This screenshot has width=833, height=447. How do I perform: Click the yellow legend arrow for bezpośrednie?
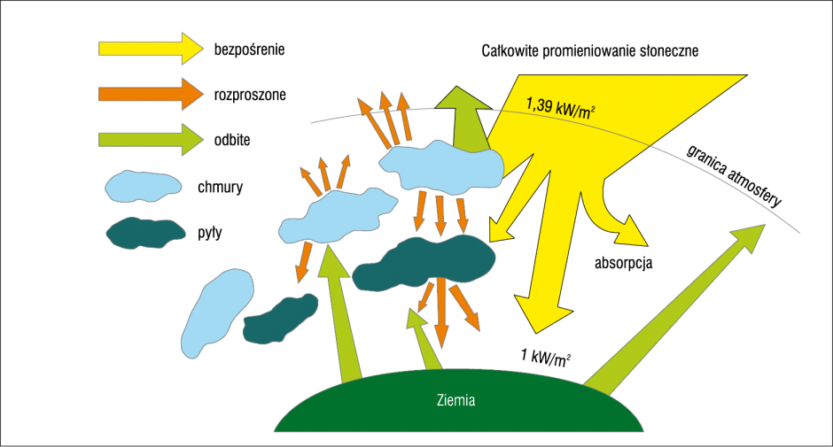click(151, 49)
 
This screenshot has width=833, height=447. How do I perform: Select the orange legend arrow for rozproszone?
click(151, 94)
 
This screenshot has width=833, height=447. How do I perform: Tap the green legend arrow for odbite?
click(151, 140)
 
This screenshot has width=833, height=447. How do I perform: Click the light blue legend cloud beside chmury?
click(143, 187)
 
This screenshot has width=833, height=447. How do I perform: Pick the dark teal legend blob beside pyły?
click(145, 233)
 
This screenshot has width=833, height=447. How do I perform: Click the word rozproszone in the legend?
click(250, 95)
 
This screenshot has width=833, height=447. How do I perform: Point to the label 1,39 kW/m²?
click(560, 107)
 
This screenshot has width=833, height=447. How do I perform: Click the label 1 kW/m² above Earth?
click(546, 356)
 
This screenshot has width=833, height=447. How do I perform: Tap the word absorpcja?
click(623, 263)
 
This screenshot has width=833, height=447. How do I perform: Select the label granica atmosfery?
click(734, 175)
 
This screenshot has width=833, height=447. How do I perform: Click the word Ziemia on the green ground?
click(455, 400)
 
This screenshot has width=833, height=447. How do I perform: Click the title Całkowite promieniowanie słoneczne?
click(589, 51)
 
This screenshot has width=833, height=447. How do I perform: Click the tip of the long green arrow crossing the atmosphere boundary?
click(766, 225)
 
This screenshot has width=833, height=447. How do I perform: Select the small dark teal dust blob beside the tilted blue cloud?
click(281, 319)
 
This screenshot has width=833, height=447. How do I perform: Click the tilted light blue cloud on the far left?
click(217, 314)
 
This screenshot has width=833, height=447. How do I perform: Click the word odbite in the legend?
click(231, 140)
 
